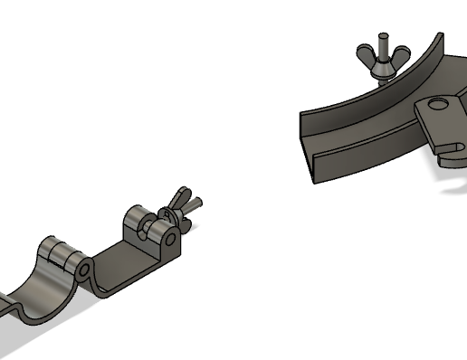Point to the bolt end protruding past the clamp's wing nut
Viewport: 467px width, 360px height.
pos(196,203)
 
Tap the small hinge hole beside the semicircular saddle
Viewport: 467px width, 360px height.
pos(82,270)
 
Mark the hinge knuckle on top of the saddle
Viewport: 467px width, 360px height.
pos(60,252)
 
